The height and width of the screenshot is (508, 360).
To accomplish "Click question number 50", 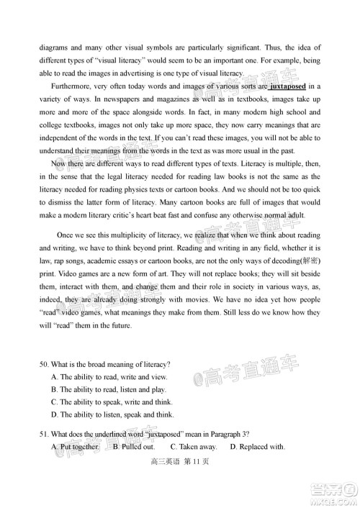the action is click(x=45, y=363).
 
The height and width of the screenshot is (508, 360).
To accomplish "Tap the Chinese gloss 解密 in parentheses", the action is click(x=308, y=260).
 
